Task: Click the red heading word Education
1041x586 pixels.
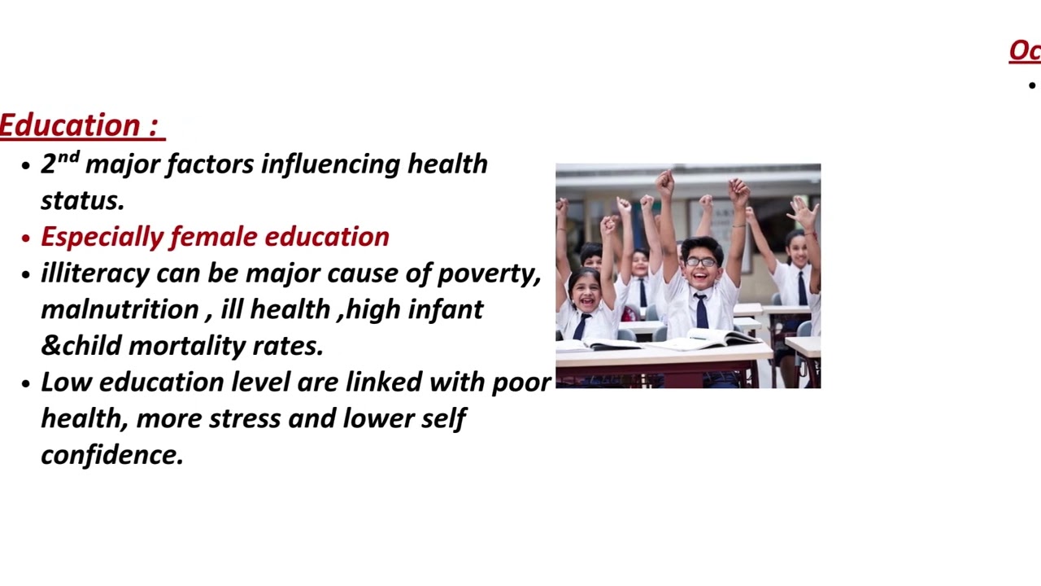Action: coord(71,125)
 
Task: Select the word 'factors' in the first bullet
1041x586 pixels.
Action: coord(211,164)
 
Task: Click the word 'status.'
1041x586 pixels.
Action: coord(82,200)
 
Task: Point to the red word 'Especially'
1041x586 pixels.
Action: coord(102,237)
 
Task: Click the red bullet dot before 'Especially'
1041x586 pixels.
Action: coord(26,238)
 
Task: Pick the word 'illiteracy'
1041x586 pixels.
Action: coord(95,273)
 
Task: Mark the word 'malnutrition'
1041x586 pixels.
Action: coord(119,309)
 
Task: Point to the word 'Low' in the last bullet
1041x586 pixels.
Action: coord(66,382)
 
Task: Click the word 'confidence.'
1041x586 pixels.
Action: coord(112,454)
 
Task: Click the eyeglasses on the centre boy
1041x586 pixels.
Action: coord(700,262)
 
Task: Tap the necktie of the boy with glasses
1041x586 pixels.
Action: coord(701,311)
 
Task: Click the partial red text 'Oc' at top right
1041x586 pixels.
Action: coord(1025,51)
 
